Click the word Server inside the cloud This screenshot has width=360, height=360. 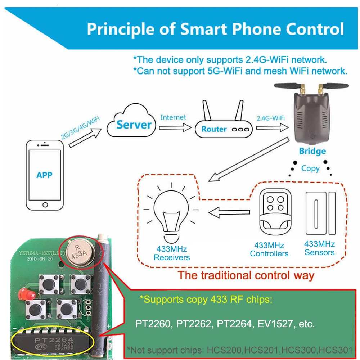pos(134,125)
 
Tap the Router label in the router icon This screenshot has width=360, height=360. pos(214,129)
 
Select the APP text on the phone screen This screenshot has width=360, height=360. pos(44,175)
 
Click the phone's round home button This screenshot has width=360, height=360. pos(45,205)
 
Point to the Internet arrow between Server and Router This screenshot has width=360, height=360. pos(174,127)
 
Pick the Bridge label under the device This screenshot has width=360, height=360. pos(312,151)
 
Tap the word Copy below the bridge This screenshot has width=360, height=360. pos(310,168)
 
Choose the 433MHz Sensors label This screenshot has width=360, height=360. pos(319,248)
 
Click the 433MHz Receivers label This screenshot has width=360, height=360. pos(172,253)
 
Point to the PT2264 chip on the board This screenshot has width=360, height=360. pos(54,342)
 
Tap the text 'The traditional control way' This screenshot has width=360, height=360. pos(246,276)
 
